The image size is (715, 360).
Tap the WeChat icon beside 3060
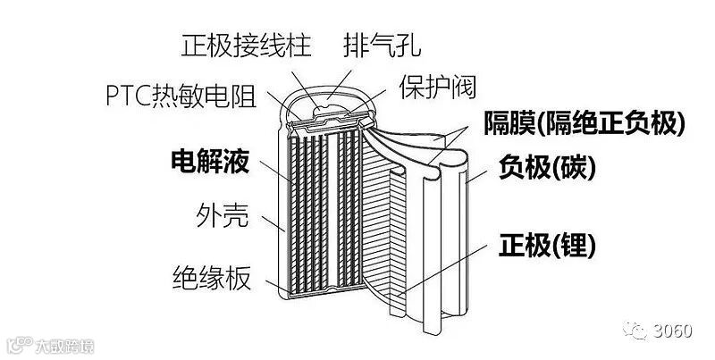tap(637, 331)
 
